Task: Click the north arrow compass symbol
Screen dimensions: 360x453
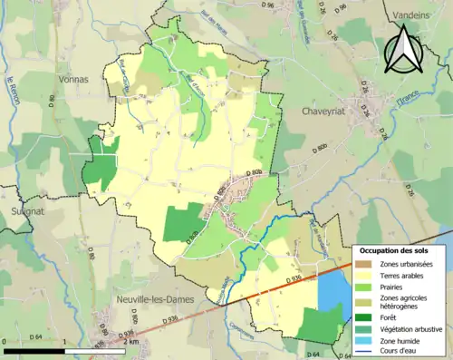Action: (x=400, y=49)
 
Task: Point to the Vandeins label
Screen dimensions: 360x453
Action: (x=413, y=15)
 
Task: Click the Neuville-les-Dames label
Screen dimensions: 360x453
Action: (x=150, y=298)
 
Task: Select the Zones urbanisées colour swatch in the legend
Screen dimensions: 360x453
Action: (x=361, y=264)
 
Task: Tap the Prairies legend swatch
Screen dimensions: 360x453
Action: (x=361, y=287)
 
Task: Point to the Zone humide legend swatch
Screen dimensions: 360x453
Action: (x=361, y=341)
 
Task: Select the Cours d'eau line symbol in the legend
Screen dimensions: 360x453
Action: (x=361, y=353)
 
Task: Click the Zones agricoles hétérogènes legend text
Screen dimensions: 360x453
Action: (x=405, y=302)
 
